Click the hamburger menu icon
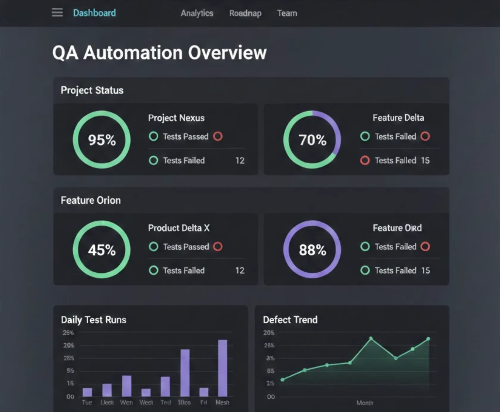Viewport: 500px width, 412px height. pyautogui.click(x=57, y=13)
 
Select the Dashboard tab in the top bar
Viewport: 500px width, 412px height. pyautogui.click(x=94, y=13)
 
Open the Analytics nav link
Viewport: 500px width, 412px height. pyautogui.click(x=197, y=13)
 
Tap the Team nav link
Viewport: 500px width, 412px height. pyautogui.click(x=287, y=13)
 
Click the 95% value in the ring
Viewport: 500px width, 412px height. pyautogui.click(x=102, y=140)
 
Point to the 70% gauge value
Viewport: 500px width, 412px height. pyautogui.click(x=312, y=140)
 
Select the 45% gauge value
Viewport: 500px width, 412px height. pyautogui.click(x=102, y=250)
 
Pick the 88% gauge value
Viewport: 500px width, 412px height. pyautogui.click(x=312, y=250)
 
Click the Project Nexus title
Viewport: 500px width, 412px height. pyautogui.click(x=176, y=118)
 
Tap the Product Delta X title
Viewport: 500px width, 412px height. pyautogui.click(x=179, y=228)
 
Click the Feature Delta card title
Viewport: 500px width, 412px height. pyautogui.click(x=398, y=118)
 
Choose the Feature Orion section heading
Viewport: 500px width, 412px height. pyautogui.click(x=91, y=200)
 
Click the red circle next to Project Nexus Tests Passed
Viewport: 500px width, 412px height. pyautogui.click(x=218, y=136)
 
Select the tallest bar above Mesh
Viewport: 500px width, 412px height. pyautogui.click(x=223, y=368)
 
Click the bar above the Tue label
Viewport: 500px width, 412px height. pyautogui.click(x=87, y=392)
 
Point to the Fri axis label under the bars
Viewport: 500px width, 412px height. pyautogui.click(x=204, y=402)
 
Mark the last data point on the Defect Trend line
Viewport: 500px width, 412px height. pyautogui.click(x=428, y=339)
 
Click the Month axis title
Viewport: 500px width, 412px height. pyautogui.click(x=365, y=403)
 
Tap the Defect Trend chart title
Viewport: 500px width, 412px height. pyautogui.click(x=290, y=320)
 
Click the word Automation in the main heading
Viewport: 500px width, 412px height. pyautogui.click(x=133, y=53)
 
